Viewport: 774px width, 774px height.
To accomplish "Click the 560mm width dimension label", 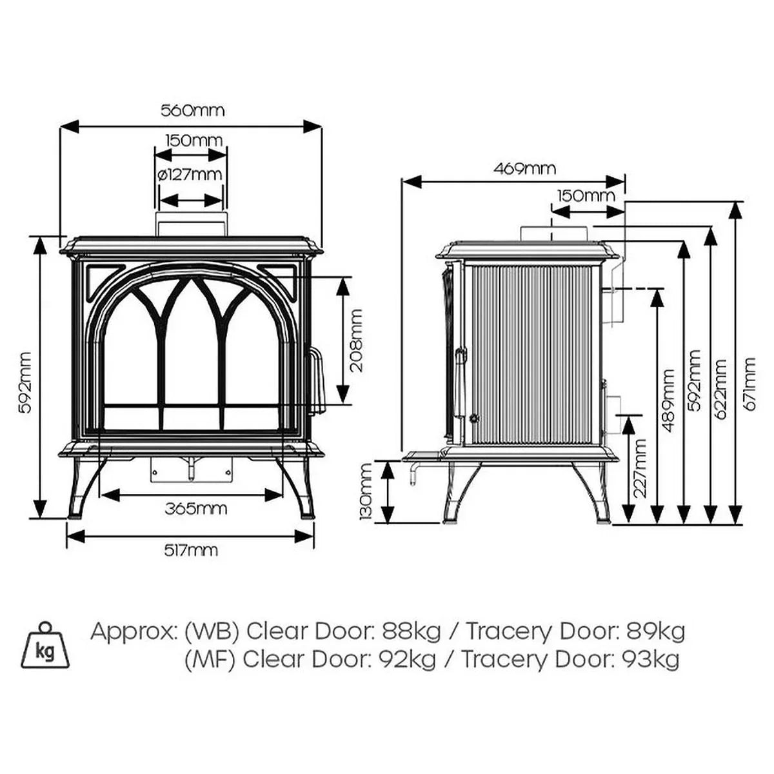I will (x=192, y=110).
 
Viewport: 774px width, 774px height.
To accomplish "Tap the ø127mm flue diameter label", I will (x=190, y=174).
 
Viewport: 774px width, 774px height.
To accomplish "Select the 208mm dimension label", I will (x=356, y=340).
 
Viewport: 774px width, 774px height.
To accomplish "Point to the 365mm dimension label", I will (x=195, y=508).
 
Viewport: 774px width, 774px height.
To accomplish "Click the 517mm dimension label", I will (x=190, y=550).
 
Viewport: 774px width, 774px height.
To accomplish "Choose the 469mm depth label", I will (x=524, y=169).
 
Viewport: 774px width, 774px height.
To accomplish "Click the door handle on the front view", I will (x=315, y=382).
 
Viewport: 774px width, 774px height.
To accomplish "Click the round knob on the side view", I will (x=475, y=418).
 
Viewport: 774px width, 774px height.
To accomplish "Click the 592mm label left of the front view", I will (x=25, y=382).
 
